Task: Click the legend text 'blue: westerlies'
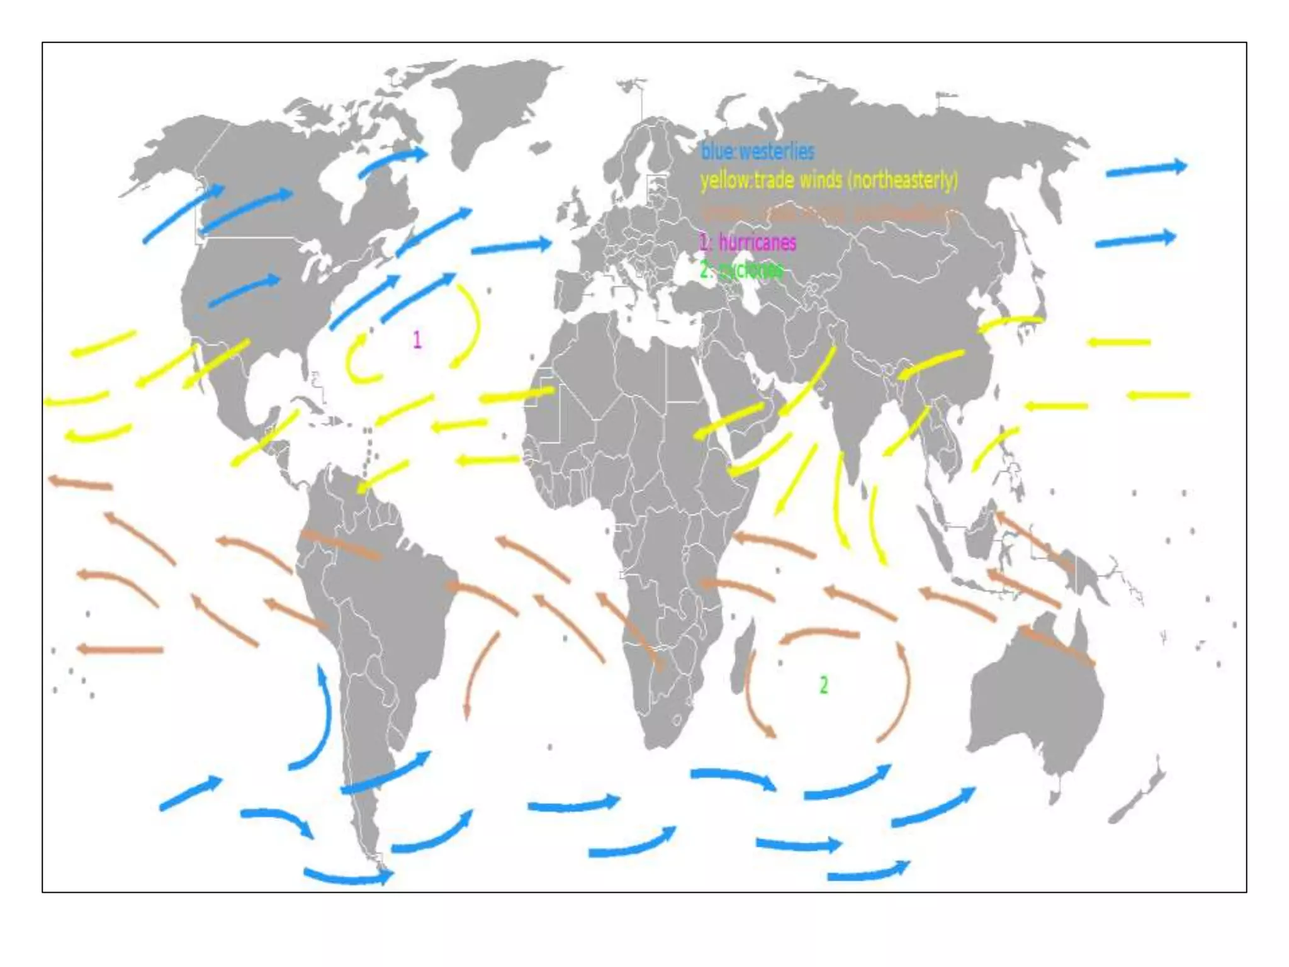click(757, 151)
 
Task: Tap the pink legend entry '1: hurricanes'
click(748, 242)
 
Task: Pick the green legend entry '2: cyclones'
click(741, 270)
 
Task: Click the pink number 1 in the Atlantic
click(417, 340)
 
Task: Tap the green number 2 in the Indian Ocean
click(824, 684)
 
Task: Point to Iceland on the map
click(539, 147)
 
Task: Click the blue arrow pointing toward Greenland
click(393, 161)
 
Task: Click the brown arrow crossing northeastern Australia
click(1057, 645)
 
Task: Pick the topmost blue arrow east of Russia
click(1145, 169)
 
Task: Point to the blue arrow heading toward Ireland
click(511, 246)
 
